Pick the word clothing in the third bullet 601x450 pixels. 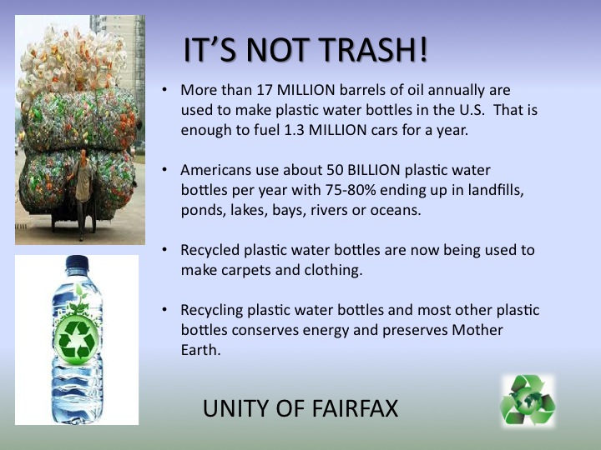click(x=333, y=271)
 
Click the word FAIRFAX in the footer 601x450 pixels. click(x=356, y=408)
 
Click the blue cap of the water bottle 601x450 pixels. click(x=77, y=264)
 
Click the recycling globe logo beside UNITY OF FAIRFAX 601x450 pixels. click(x=528, y=400)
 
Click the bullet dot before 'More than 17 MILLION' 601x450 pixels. click(x=164, y=90)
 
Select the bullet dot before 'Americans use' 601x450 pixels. click(x=164, y=170)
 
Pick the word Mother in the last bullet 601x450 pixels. click(x=477, y=330)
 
